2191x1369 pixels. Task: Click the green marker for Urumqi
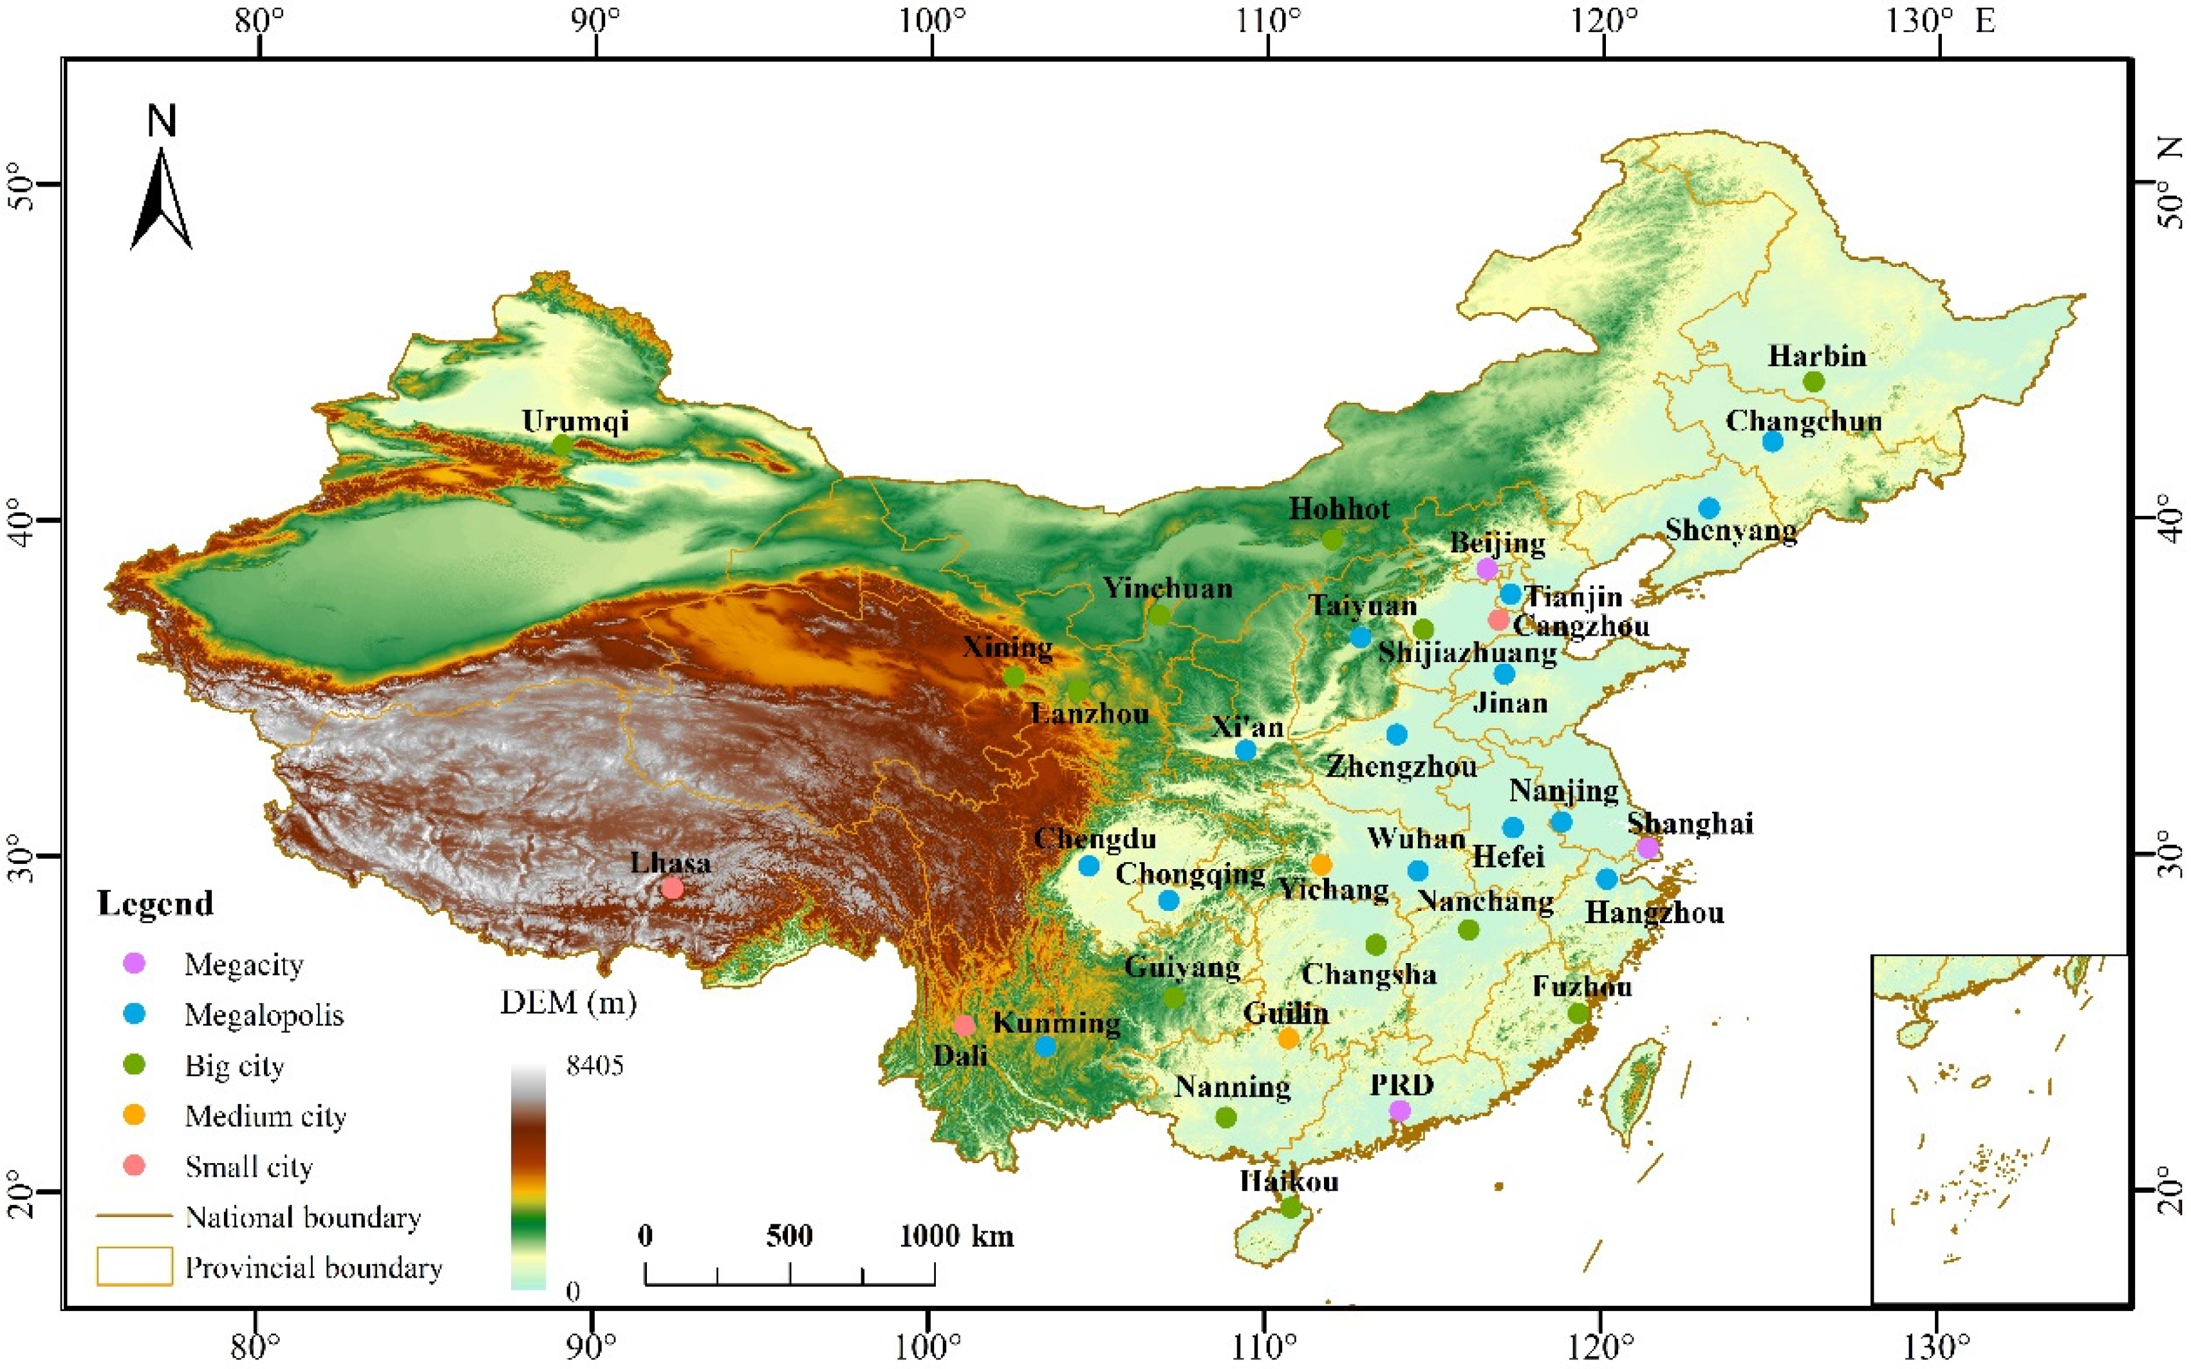(x=563, y=445)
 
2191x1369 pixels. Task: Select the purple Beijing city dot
(x=1486, y=569)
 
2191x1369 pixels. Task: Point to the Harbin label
(x=1817, y=356)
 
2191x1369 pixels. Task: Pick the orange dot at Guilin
(x=1288, y=1038)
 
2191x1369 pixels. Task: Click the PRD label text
(x=1401, y=1085)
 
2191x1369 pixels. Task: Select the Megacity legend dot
(x=134, y=963)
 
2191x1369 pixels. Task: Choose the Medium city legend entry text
(x=265, y=1116)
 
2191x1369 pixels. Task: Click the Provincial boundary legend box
(x=134, y=1267)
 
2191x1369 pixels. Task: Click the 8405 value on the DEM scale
(x=595, y=1066)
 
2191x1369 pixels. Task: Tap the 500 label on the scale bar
(x=789, y=1236)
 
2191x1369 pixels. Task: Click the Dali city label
(x=960, y=1056)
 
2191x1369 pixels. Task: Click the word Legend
(x=155, y=904)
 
